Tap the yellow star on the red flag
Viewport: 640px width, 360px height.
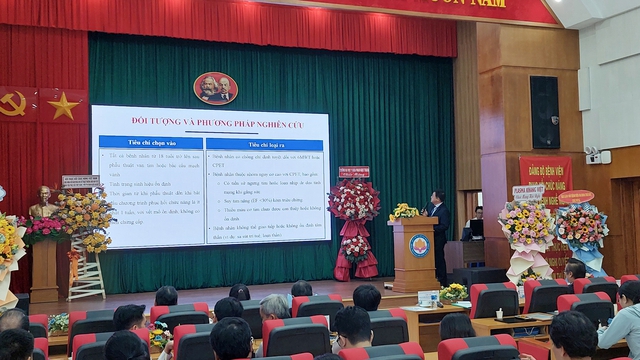pyautogui.click(x=61, y=106)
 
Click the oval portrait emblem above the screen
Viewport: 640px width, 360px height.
pyautogui.click(x=215, y=88)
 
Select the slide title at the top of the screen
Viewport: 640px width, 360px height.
pyautogui.click(x=211, y=123)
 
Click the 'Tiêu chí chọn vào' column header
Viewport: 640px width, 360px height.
pyautogui.click(x=151, y=143)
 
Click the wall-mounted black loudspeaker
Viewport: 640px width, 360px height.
pyautogui.click(x=544, y=112)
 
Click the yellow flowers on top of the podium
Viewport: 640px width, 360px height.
pyautogui.click(x=404, y=212)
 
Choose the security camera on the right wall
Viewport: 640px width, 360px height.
pyautogui.click(x=594, y=156)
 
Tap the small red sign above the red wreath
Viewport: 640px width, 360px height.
pyautogui.click(x=353, y=172)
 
